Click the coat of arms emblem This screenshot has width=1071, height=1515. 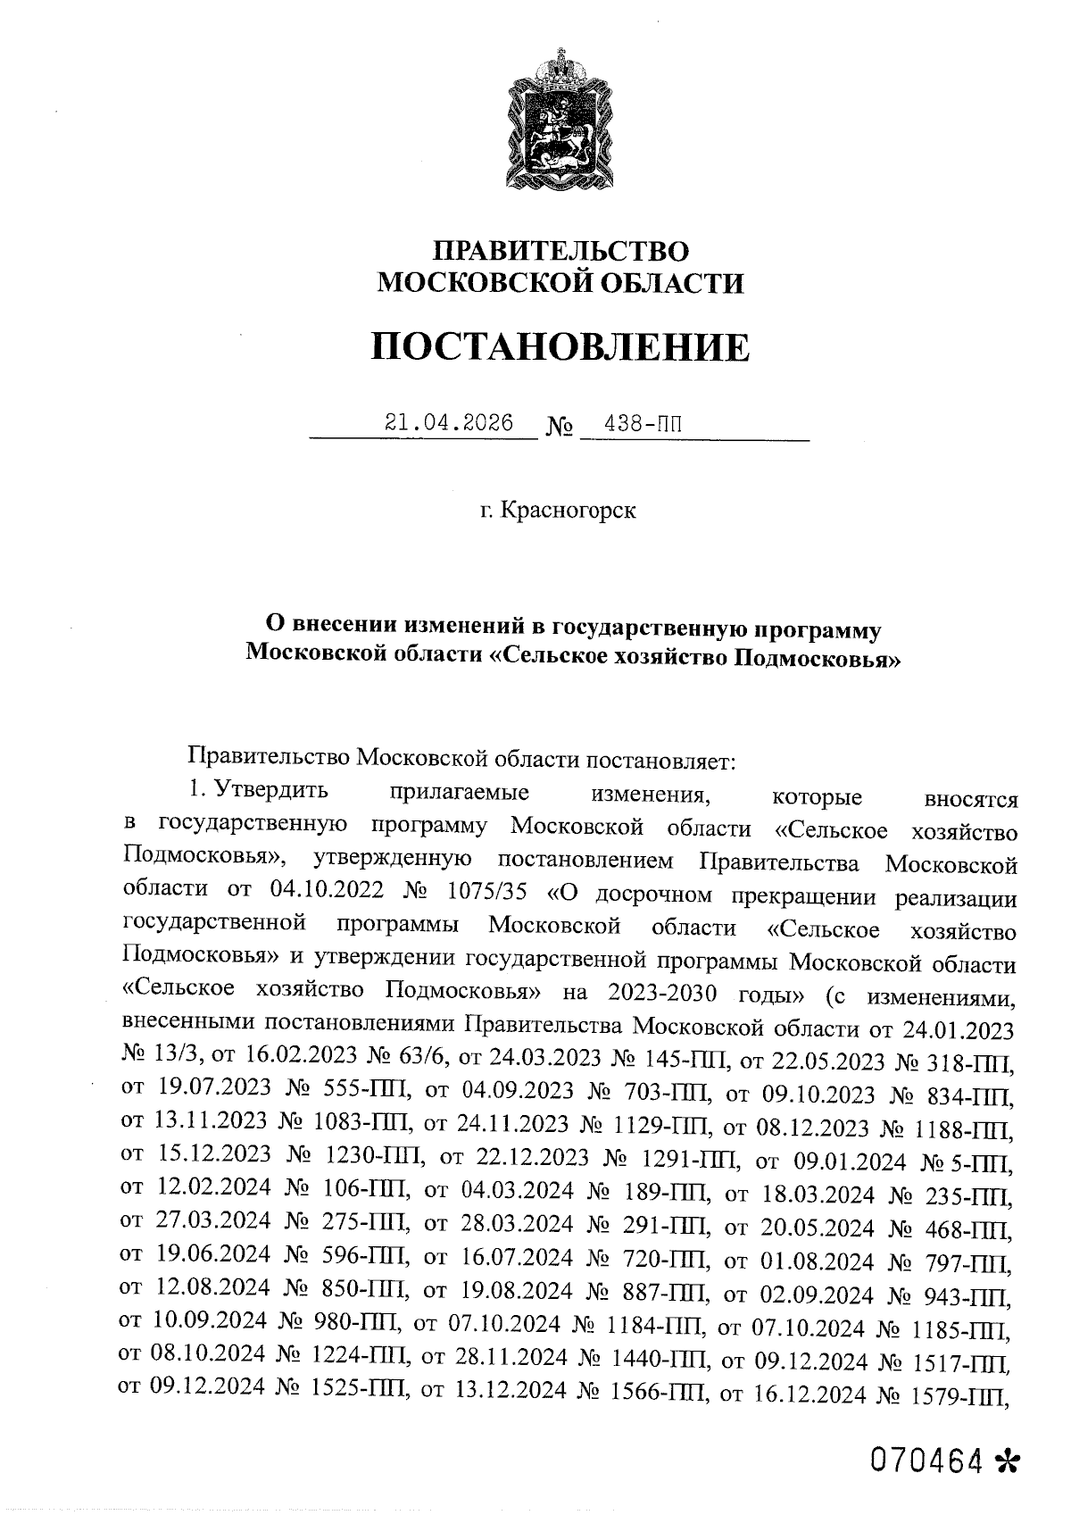point(560,122)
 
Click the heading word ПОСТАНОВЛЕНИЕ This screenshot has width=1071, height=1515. point(560,347)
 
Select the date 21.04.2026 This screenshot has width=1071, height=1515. point(448,422)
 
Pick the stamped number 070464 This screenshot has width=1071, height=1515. point(927,1461)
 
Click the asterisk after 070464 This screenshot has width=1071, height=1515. point(1005,1461)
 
